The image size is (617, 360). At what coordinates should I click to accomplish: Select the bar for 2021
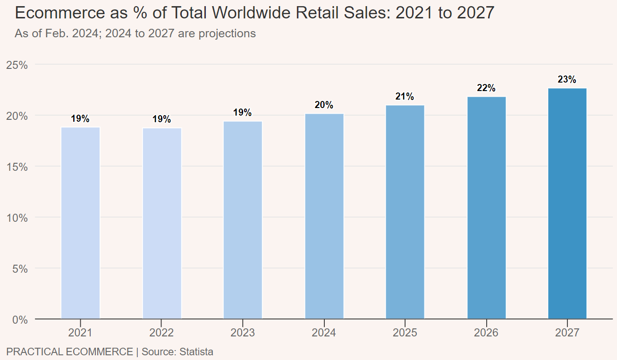81,223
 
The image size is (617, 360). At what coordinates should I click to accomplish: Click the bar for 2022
162,223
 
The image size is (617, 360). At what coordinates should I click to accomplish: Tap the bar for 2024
324,216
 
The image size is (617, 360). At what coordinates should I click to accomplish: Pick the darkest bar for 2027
567,203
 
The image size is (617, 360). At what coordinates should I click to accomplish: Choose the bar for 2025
405,212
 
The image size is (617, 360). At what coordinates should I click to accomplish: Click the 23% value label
567,80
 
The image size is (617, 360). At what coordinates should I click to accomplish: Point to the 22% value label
486,88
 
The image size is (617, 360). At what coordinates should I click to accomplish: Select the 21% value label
405,97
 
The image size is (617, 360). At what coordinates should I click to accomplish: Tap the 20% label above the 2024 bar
324,105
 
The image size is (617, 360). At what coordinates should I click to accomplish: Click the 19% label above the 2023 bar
243,113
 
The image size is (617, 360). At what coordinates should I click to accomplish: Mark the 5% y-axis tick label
19,268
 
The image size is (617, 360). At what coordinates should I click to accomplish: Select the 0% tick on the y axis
19,320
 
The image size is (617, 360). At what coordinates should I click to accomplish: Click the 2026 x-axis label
486,333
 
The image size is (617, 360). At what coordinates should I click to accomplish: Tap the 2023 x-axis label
243,333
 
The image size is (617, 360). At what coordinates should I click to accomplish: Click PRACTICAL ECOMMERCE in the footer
69,352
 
